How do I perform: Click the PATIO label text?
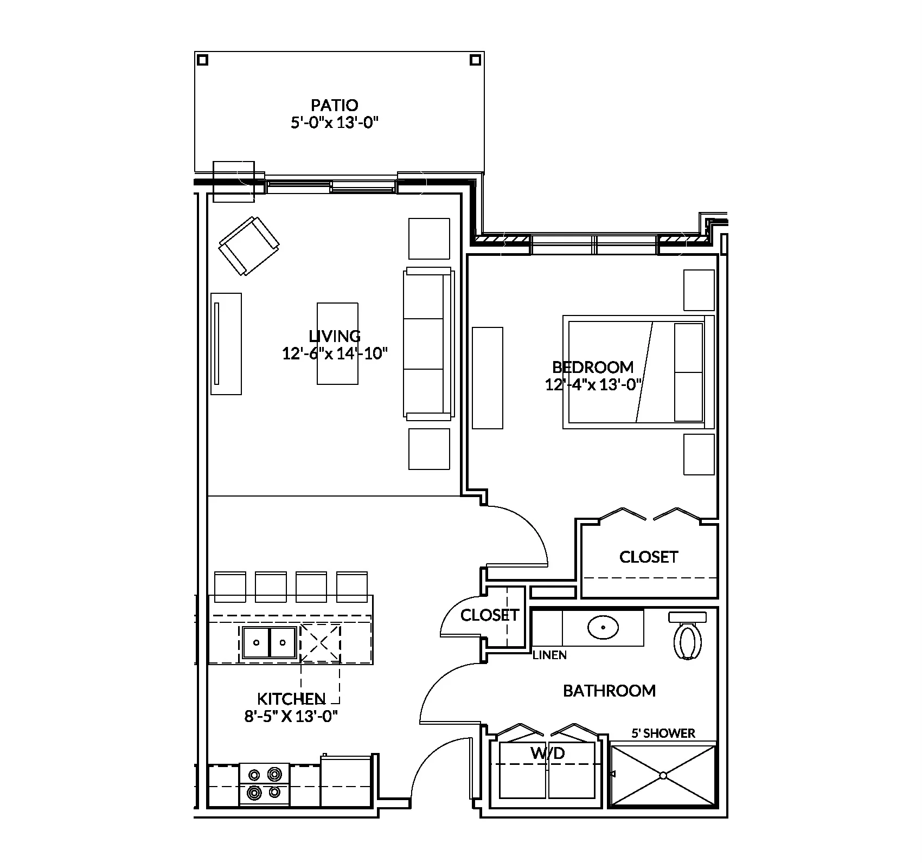click(334, 105)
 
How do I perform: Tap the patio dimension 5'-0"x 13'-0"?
click(334, 123)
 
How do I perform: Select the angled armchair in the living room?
click(249, 246)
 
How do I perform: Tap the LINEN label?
click(549, 655)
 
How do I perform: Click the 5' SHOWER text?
click(663, 733)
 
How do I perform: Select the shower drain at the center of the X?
click(663, 776)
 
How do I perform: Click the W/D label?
click(547, 752)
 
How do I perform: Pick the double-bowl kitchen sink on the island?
click(270, 643)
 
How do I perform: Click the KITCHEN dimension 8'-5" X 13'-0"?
click(291, 717)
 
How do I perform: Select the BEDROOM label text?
click(592, 367)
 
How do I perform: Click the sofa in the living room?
click(428, 344)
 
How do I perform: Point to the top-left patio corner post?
click(202, 60)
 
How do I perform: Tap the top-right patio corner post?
click(475, 60)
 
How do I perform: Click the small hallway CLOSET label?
click(489, 615)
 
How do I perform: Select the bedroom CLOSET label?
click(649, 557)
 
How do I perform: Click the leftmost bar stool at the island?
click(231, 586)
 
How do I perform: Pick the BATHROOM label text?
click(609, 691)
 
